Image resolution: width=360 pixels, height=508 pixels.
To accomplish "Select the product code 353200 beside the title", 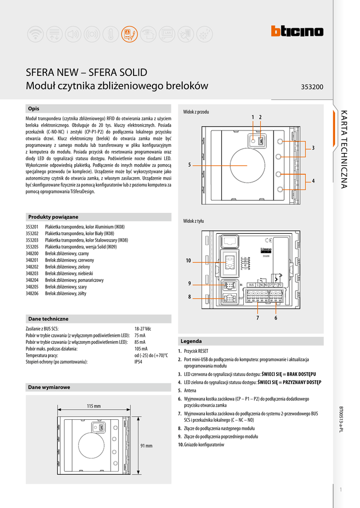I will pyautogui.click(x=312, y=87).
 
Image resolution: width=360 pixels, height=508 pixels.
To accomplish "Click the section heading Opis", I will pyautogui.click(x=34, y=109).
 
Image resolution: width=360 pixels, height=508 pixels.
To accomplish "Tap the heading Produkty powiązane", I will pyautogui.click(x=53, y=217).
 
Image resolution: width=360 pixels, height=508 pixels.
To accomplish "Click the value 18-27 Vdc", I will pyautogui.click(x=143, y=329).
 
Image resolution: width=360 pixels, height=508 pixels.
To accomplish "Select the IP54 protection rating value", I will pyautogui.click(x=139, y=362).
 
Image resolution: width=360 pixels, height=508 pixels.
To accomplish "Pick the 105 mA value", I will pyautogui.click(x=141, y=349).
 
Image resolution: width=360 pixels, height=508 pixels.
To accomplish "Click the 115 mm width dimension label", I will pyautogui.click(x=93, y=406).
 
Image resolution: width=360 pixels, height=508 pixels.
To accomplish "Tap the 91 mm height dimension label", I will pyautogui.click(x=146, y=446).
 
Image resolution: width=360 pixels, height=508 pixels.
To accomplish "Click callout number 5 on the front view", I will pyautogui.click(x=189, y=165).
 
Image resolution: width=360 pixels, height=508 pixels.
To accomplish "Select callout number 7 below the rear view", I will pyautogui.click(x=258, y=318).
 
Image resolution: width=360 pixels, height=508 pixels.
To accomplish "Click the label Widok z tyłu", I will pyautogui.click(x=194, y=221).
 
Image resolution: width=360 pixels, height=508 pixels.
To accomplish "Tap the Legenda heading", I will pyautogui.click(x=191, y=341).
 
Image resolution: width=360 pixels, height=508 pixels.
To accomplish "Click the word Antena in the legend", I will pyautogui.click(x=190, y=390).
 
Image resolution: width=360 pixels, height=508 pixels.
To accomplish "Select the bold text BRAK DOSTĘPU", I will pyautogui.click(x=301, y=374).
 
